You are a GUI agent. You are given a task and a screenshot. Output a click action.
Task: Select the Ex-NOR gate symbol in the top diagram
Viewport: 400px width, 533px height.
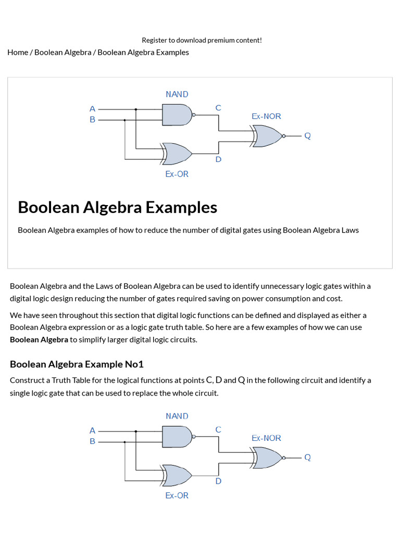(x=266, y=136)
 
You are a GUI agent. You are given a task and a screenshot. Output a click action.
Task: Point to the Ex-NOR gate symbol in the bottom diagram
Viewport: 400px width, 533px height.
(x=266, y=458)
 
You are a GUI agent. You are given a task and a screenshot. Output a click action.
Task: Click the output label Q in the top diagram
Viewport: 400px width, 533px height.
(x=307, y=136)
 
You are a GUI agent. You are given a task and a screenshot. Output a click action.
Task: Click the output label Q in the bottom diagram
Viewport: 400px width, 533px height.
(x=307, y=458)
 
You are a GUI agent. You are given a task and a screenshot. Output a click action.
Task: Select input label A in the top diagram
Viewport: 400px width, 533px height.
(x=92, y=109)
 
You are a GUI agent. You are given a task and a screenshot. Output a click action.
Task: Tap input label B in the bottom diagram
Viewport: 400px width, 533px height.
(x=92, y=441)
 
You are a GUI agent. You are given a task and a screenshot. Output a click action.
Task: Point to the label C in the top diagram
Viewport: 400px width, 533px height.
(x=218, y=108)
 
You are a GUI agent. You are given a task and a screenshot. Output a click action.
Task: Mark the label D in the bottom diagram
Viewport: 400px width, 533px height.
(x=218, y=481)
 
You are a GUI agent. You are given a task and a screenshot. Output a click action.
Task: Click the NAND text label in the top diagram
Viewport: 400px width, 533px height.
(x=177, y=94)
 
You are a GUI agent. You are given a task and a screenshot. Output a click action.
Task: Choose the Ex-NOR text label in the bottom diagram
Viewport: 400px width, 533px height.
(x=266, y=438)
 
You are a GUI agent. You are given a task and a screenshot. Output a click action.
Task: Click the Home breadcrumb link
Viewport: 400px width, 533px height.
(x=18, y=52)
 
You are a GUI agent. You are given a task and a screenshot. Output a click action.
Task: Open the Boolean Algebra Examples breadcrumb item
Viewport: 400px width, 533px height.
(x=143, y=52)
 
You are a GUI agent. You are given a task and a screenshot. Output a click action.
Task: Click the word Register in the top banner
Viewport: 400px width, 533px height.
(x=155, y=40)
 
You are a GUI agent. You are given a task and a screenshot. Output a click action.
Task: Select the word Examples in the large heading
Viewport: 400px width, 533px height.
(x=181, y=207)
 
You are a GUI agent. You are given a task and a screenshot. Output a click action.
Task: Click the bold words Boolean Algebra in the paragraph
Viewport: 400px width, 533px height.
(x=39, y=339)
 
